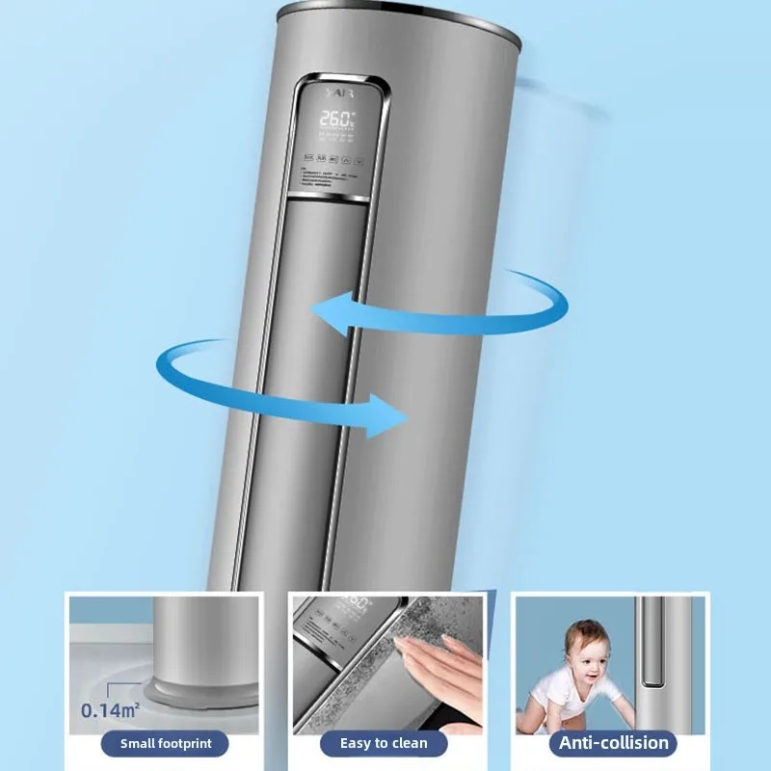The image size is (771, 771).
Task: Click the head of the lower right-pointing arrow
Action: pyautogui.click(x=389, y=414)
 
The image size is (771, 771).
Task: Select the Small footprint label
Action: pyautogui.click(x=166, y=743)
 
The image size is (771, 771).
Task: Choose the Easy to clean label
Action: pyautogui.click(x=384, y=743)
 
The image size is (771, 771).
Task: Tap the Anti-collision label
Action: pyautogui.click(x=613, y=743)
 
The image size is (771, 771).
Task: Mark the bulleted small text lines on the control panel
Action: pyautogui.click(x=329, y=178)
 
